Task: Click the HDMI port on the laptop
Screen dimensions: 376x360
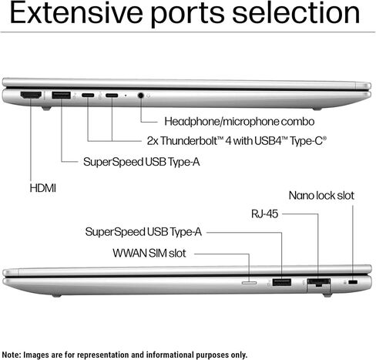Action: [x=31, y=95]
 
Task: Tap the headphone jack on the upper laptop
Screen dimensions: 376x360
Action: [x=140, y=96]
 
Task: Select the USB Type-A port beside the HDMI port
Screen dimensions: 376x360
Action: [x=61, y=95]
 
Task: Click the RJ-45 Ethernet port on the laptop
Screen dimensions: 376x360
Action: [x=319, y=282]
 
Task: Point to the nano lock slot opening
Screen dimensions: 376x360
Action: [x=354, y=282]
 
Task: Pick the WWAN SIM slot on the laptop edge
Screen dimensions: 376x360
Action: [x=249, y=283]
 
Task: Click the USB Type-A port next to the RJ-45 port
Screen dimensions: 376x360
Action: [x=282, y=282]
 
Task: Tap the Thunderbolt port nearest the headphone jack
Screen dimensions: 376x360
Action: [x=112, y=96]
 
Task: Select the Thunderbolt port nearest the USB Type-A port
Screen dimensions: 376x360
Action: [x=88, y=96]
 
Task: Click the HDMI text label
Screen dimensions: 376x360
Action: [x=43, y=188]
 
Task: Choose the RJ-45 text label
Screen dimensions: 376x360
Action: [x=264, y=214]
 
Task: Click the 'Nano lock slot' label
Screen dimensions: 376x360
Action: [x=321, y=196]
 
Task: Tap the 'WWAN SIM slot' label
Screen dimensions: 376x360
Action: [x=149, y=254]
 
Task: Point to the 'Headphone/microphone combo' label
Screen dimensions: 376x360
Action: [x=240, y=122]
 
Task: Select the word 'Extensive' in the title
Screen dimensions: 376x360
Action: [x=76, y=13]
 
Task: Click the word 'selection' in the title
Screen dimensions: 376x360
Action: [x=296, y=13]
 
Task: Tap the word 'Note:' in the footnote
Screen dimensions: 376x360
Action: [x=12, y=355]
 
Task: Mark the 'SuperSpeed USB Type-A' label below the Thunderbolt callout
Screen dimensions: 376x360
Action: [x=142, y=162]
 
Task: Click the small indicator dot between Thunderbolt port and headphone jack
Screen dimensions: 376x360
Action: [x=126, y=96]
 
